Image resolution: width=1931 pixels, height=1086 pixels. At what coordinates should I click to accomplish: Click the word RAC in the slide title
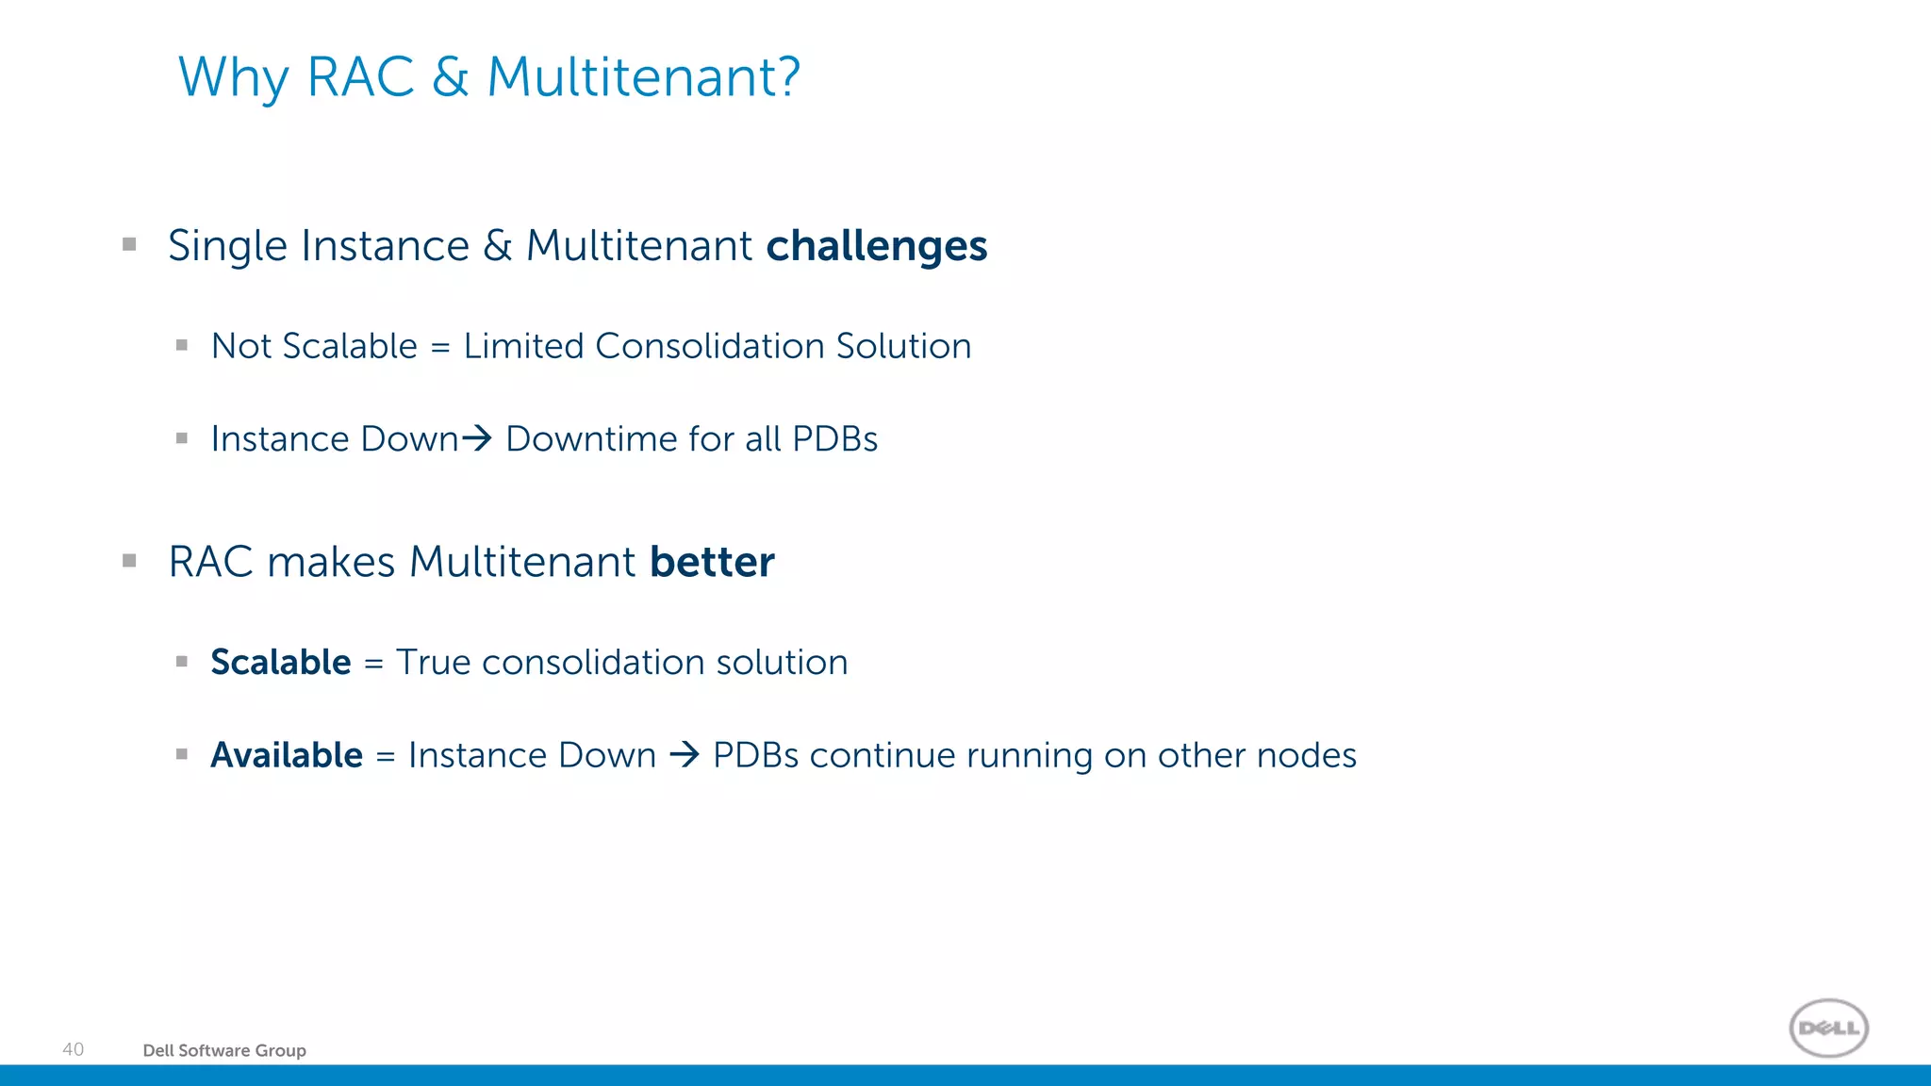[x=360, y=77]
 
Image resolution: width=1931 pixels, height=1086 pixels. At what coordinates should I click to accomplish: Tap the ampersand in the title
[x=451, y=77]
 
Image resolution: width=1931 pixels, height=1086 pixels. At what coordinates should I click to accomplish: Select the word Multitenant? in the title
[x=643, y=77]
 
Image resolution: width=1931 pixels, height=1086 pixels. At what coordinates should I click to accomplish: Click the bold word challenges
[x=876, y=246]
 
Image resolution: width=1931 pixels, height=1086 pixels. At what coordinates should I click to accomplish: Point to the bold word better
[x=712, y=562]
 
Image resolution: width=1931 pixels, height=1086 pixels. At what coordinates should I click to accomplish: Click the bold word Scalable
[x=280, y=663]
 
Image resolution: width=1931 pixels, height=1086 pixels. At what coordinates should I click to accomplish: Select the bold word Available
[x=287, y=755]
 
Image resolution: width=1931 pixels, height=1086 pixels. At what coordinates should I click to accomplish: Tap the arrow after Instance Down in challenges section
[x=477, y=438]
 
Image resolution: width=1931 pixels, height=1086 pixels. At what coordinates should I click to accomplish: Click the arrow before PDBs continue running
[x=685, y=755]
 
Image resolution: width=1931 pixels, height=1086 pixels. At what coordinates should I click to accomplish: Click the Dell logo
[x=1828, y=1028]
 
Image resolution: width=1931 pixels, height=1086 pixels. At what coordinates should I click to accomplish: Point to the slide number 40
[x=73, y=1049]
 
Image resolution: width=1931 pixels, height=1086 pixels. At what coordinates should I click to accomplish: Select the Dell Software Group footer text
[x=224, y=1050]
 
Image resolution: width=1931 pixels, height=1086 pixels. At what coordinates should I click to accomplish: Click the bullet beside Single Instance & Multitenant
[x=130, y=245]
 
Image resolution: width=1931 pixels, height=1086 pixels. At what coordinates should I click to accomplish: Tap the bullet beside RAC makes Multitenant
[x=130, y=561]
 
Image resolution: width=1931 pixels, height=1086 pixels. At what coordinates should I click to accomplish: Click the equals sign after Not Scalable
[x=439, y=348]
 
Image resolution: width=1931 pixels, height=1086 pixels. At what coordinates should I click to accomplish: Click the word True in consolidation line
[x=433, y=663]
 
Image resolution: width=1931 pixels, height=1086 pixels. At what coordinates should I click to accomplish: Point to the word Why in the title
[x=233, y=77]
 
